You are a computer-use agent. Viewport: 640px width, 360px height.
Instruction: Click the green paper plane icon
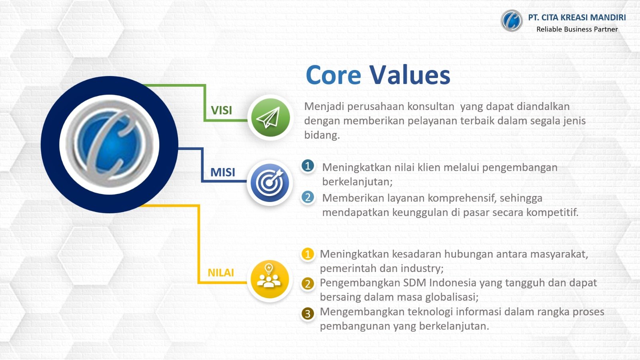click(x=270, y=118)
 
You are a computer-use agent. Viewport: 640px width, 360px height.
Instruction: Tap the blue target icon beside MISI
click(x=270, y=182)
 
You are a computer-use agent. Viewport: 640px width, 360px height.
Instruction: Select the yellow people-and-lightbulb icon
click(x=270, y=279)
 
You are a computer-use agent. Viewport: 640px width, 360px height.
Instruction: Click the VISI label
click(x=222, y=110)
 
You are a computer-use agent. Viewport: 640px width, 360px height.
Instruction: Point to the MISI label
click(x=223, y=172)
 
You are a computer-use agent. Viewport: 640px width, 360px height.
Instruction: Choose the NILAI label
click(x=221, y=272)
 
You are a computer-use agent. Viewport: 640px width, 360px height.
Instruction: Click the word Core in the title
click(x=334, y=75)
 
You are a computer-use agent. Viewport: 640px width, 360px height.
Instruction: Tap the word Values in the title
click(x=410, y=74)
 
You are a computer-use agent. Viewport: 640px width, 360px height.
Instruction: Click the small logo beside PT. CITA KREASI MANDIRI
click(x=512, y=20)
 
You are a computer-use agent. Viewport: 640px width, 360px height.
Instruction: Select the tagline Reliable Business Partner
click(x=577, y=29)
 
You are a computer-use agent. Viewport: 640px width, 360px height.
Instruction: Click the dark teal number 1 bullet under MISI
click(x=308, y=166)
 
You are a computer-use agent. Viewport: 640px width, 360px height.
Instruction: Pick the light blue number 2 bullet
click(x=308, y=197)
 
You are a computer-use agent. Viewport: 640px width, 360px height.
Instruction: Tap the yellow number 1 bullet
click(x=308, y=254)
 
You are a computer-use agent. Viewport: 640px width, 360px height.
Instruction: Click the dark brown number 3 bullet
click(x=308, y=314)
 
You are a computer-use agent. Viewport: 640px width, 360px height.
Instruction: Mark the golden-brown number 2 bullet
click(x=308, y=284)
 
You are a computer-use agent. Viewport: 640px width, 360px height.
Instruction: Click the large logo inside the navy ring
click(x=110, y=144)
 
